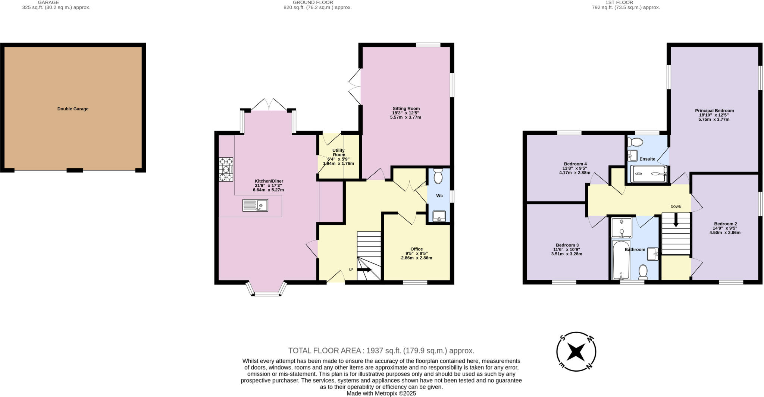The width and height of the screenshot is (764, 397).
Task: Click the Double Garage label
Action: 73,109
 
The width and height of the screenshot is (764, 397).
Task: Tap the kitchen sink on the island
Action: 255,205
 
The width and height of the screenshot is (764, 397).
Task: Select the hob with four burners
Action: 226,169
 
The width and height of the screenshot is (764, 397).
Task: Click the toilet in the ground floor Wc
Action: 438,176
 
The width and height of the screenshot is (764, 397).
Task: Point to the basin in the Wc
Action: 439,216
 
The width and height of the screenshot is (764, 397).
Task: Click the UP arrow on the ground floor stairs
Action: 364,270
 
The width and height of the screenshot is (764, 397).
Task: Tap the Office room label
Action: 416,249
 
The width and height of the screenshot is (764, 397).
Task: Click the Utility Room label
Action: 338,152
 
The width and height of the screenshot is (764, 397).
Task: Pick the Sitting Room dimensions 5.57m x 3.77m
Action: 406,117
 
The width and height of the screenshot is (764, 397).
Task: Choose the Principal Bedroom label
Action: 714,111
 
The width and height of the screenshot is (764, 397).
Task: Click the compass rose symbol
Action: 576,352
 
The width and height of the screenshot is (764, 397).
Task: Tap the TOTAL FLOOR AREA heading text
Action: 381,350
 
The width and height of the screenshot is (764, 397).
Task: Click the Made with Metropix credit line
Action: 381,393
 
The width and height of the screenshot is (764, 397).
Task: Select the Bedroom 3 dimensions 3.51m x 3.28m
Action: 566,254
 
